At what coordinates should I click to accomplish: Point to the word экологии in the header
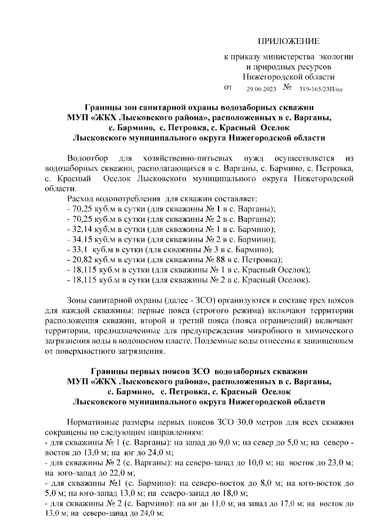(335, 57)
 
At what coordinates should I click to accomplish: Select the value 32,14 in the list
(82, 229)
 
